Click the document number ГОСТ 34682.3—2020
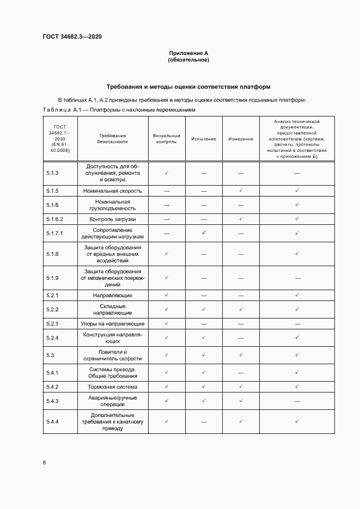click(72, 37)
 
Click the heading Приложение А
click(188, 53)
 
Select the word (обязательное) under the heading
click(188, 60)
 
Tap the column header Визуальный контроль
click(166, 139)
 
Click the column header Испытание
click(204, 139)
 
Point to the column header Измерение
click(240, 139)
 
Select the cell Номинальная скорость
click(113, 191)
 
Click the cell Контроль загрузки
click(113, 219)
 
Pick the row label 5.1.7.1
click(55, 233)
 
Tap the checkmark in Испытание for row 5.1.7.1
click(204, 232)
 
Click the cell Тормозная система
click(113, 387)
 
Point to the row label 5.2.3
click(53, 323)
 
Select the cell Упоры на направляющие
click(113, 323)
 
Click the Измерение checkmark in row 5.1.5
click(240, 191)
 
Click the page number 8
click(44, 463)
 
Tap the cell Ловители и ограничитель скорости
click(113, 355)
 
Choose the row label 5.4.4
click(53, 421)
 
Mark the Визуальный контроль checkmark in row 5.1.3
click(166, 173)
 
